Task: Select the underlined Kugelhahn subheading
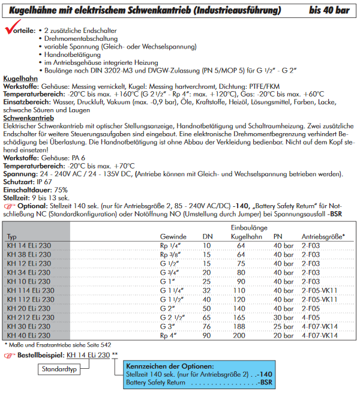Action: [x=20, y=79]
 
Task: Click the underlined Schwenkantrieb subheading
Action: [x=29, y=119]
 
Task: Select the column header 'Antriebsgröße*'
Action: [x=323, y=237]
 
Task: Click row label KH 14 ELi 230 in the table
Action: [x=30, y=246]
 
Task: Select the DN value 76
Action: [x=207, y=326]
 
